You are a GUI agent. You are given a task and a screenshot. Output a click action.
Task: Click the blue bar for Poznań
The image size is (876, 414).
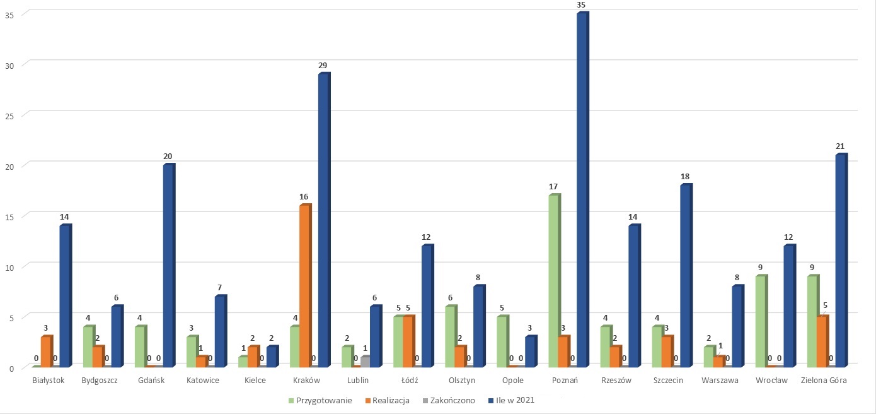click(x=583, y=190)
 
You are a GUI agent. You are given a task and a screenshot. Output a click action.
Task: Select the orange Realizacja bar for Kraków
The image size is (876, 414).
click(x=305, y=286)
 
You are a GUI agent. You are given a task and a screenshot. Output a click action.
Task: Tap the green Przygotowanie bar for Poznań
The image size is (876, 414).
click(x=555, y=281)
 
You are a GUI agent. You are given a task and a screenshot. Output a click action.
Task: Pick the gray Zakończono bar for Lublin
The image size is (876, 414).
click(x=366, y=362)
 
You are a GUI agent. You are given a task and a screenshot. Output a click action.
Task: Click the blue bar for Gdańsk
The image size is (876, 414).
click(x=169, y=266)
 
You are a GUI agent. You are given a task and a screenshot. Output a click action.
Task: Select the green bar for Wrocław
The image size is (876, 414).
click(x=761, y=321)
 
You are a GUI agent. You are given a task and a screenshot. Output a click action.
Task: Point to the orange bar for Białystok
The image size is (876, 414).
click(x=47, y=352)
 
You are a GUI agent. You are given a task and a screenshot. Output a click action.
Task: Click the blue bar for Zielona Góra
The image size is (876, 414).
click(x=841, y=261)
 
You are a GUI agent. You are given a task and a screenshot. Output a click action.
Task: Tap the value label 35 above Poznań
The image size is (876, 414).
click(x=580, y=5)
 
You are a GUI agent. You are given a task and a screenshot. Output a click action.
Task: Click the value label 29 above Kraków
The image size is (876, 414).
click(x=323, y=66)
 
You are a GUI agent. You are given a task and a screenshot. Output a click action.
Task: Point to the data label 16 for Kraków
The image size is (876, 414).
click(x=304, y=197)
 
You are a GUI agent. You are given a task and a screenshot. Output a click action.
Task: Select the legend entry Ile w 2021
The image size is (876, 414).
click(x=511, y=400)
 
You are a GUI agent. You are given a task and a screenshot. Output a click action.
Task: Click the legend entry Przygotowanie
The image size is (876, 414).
click(x=320, y=401)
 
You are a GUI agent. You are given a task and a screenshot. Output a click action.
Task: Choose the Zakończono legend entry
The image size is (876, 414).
click(x=449, y=401)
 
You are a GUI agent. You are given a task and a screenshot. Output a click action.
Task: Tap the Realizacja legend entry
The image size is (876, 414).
click(x=387, y=401)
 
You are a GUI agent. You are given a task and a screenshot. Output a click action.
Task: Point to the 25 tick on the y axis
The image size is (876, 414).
click(x=9, y=116)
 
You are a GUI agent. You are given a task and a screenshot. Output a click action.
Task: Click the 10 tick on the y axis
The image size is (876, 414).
click(x=9, y=268)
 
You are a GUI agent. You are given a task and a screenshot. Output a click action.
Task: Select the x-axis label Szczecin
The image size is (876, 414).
click(x=668, y=381)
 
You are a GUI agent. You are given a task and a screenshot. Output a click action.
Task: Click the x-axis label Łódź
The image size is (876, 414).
click(x=410, y=381)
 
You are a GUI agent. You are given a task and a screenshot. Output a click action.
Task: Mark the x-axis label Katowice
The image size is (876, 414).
click(x=202, y=381)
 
